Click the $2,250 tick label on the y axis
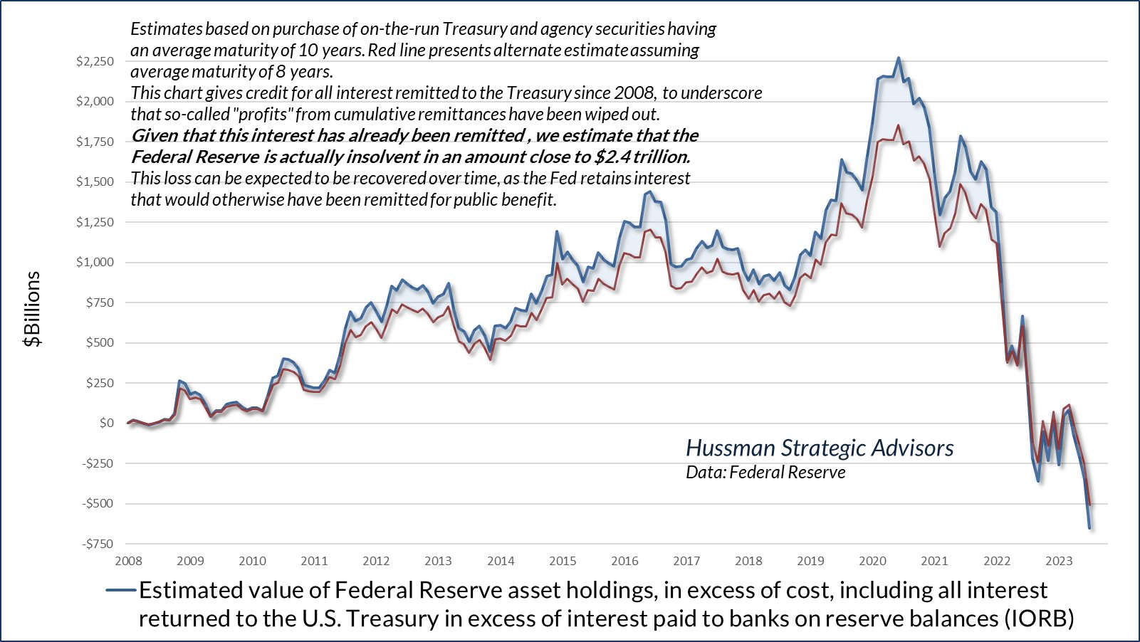[x=95, y=61]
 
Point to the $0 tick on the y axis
[x=106, y=423]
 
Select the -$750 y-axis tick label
[x=98, y=544]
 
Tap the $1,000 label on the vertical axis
[x=95, y=262]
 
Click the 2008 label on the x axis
[x=128, y=561]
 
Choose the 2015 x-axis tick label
[x=563, y=561]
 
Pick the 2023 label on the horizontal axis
[x=1059, y=561]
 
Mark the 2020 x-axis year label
[x=872, y=561]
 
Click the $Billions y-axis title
[x=33, y=309]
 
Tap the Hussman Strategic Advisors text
[x=820, y=448]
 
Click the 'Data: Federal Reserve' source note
[x=765, y=473]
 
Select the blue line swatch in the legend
[x=120, y=590]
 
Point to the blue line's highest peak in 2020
[x=898, y=58]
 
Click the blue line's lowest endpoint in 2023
[x=1089, y=527]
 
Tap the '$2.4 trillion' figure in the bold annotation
[x=642, y=157]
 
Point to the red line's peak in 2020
[x=898, y=126]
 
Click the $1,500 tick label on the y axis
[x=95, y=181]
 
